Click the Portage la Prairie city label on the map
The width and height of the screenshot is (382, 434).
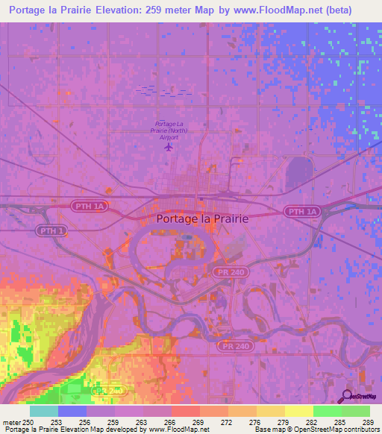click(x=202, y=219)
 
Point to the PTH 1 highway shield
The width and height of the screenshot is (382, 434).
click(x=50, y=232)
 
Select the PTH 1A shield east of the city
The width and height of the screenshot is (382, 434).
click(x=302, y=213)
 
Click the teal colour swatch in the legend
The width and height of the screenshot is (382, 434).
click(x=44, y=411)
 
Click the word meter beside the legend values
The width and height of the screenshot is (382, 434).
click(x=10, y=422)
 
